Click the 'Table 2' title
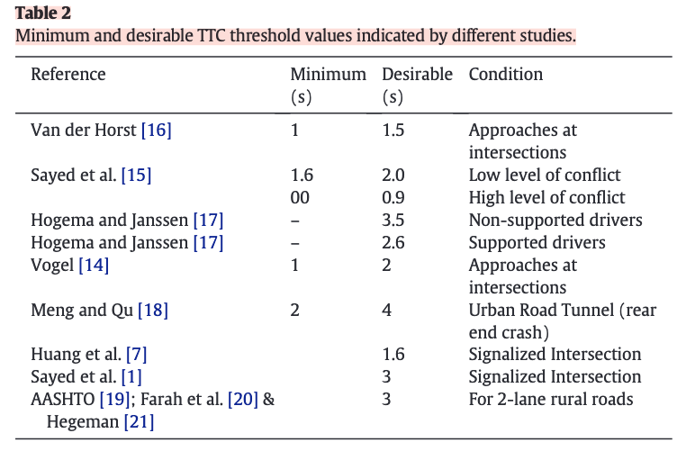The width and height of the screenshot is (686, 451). (43, 13)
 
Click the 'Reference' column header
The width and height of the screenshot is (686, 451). (68, 75)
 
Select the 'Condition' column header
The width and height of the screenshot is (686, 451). (506, 75)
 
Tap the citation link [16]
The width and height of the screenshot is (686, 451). (156, 131)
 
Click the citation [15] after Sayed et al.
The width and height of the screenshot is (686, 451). (137, 176)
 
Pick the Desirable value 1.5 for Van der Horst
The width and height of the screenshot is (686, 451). (393, 131)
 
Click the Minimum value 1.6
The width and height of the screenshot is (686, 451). (302, 176)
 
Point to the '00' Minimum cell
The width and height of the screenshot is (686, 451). (300, 198)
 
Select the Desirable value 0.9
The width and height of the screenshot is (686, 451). (393, 198)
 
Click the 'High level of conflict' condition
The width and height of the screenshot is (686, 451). (546, 198)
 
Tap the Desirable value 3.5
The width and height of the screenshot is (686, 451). (393, 220)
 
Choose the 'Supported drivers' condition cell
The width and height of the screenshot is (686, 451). (537, 243)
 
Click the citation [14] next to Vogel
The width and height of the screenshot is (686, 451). (94, 265)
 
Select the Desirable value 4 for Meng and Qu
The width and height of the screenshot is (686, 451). (386, 311)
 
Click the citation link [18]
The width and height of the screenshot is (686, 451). (153, 311)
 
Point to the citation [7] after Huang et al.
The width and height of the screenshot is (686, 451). (137, 355)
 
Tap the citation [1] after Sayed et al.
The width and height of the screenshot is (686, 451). (131, 377)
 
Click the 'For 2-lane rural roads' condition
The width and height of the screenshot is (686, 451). (551, 400)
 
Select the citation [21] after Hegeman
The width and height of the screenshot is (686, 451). (140, 422)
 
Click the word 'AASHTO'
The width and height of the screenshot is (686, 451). (62, 400)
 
